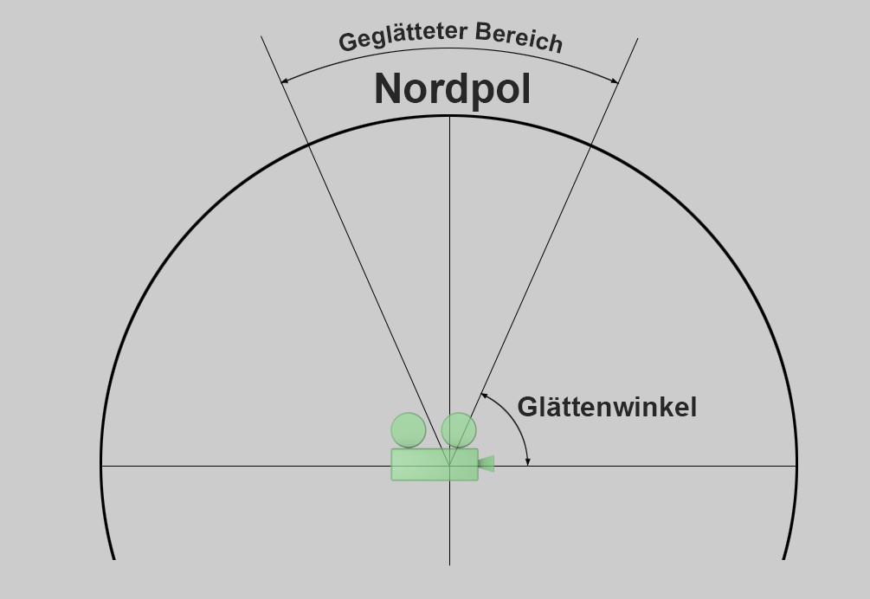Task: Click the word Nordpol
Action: pyautogui.click(x=452, y=88)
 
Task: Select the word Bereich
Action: pyautogui.click(x=519, y=37)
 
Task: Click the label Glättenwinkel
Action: pyautogui.click(x=607, y=407)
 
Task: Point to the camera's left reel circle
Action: pyautogui.click(x=409, y=430)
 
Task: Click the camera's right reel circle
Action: pyautogui.click(x=459, y=430)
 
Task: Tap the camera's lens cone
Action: pyautogui.click(x=486, y=464)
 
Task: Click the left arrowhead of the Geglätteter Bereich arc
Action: pyautogui.click(x=283, y=81)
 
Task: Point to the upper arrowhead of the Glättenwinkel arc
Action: pyautogui.click(x=483, y=396)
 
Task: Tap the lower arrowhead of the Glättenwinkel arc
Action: pyautogui.click(x=527, y=461)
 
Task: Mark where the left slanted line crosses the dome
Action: pyautogui.click(x=308, y=143)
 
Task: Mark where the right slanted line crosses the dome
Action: pyautogui.click(x=590, y=143)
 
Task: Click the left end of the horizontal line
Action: pyautogui.click(x=101, y=466)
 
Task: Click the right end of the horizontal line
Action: pyautogui.click(x=796, y=466)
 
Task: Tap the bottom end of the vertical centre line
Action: pyautogui.click(x=449, y=564)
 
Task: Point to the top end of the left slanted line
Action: pyautogui.click(x=261, y=37)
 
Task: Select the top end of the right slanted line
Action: pyautogui.click(x=638, y=38)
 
